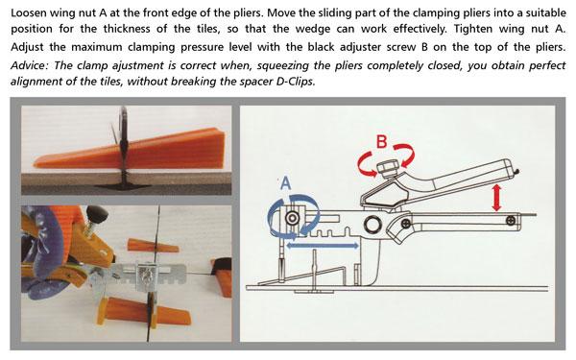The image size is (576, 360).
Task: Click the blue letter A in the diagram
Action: pyautogui.click(x=284, y=180)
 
